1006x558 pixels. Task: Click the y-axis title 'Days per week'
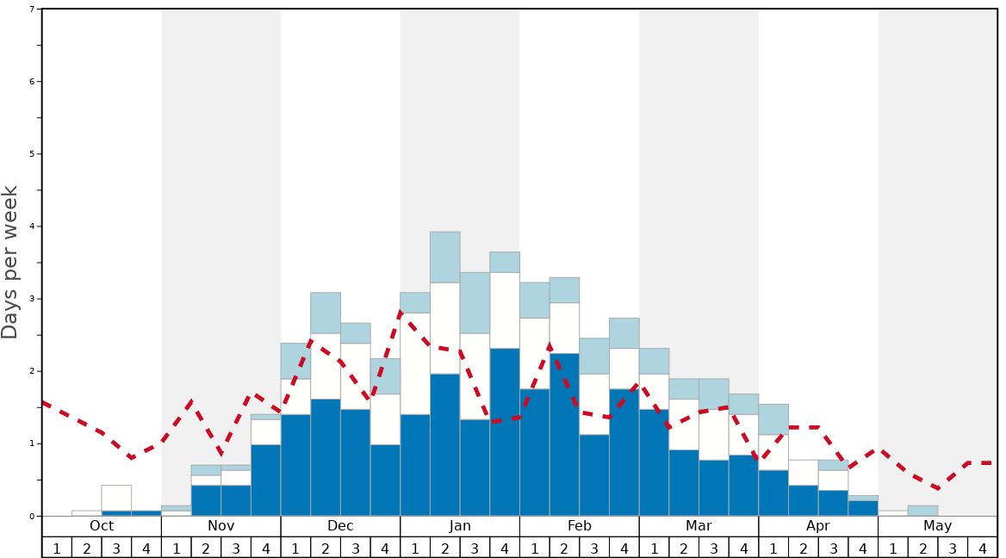pos(10,262)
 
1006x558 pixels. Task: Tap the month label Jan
pos(460,526)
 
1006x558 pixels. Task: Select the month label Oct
pos(102,526)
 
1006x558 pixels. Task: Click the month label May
pos(937,526)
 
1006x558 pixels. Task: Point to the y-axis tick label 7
pos(32,9)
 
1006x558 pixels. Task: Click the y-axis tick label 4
pos(32,226)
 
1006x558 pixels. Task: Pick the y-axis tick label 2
pos(32,371)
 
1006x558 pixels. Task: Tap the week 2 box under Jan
pos(445,548)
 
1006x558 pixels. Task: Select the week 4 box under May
pos(983,548)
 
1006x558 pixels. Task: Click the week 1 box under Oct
pos(57,548)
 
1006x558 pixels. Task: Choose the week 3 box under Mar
pos(714,548)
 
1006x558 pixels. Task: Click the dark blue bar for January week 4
pos(505,431)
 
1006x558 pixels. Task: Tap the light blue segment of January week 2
pos(445,257)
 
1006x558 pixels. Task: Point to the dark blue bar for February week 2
pos(564,434)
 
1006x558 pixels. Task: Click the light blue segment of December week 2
pos(326,313)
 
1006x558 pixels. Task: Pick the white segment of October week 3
pos(116,498)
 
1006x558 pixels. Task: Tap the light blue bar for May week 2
pos(922,511)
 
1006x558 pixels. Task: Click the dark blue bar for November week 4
pos(265,480)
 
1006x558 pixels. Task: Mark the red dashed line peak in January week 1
pos(402,312)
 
